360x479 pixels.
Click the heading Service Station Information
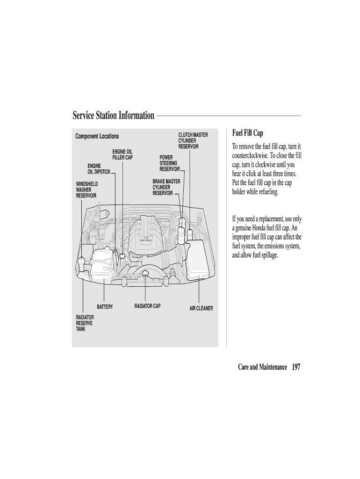[113, 116]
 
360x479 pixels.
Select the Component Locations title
[97, 137]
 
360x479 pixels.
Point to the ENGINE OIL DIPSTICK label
[99, 169]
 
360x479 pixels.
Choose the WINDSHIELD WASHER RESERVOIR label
[87, 190]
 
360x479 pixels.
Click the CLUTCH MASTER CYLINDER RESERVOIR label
[193, 141]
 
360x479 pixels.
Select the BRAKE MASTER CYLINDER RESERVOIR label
[166, 187]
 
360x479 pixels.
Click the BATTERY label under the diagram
[105, 307]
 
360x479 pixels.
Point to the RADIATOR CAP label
[147, 306]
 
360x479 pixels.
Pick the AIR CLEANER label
[201, 308]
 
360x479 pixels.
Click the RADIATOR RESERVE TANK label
[85, 323]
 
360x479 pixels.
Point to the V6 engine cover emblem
[146, 239]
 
